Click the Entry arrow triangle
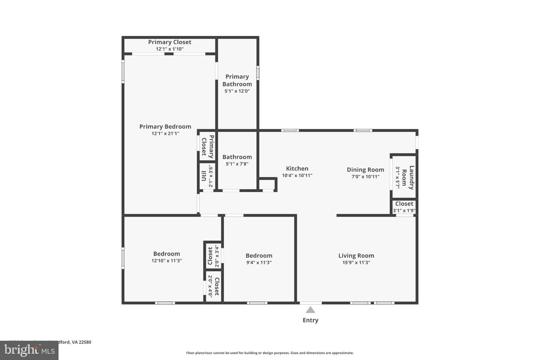tap(310, 310)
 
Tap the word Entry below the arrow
tap(310, 320)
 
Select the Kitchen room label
tap(297, 169)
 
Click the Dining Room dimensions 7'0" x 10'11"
tap(365, 177)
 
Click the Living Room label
tap(356, 256)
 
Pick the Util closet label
tap(204, 176)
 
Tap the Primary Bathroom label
tap(237, 80)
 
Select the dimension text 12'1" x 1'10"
tap(169, 49)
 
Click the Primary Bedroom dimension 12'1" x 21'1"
tap(165, 133)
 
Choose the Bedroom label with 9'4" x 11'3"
tap(259, 256)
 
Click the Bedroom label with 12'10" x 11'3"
tap(166, 254)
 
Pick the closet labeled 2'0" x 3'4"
tap(210, 256)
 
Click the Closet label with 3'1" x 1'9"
tap(404, 204)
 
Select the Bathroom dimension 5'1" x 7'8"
tap(237, 164)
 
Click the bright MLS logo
tap(29, 350)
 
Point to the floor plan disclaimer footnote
tap(270, 353)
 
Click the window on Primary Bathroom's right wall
tap(258, 73)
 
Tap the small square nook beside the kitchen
tap(267, 184)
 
